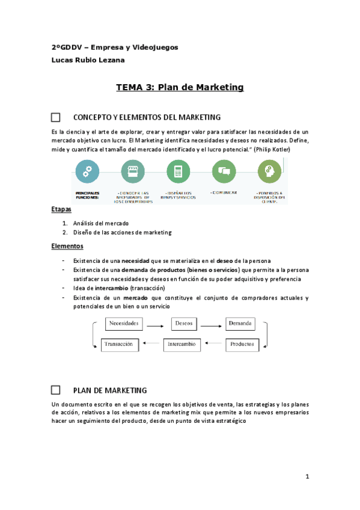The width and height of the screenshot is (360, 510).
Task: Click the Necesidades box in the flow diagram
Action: pos(124,324)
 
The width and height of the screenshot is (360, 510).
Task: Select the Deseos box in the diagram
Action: pos(183,324)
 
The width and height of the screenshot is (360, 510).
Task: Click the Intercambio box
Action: pos(185,345)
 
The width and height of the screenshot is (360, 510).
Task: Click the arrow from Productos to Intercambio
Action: pos(216,345)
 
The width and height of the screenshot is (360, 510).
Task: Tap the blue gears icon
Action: pos(88,171)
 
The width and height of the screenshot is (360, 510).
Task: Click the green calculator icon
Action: pos(178,171)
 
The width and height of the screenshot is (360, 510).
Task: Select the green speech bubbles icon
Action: pos(224,171)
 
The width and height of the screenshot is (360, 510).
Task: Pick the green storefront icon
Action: pos(132,171)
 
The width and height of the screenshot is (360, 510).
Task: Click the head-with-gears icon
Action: pos(270,171)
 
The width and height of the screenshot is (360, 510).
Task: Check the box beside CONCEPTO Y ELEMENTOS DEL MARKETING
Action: pos(56,117)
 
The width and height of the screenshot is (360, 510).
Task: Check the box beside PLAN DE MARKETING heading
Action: pos(56,390)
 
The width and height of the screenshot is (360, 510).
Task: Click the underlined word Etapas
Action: pos(61,209)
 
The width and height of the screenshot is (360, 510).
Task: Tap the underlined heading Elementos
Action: pos(67,246)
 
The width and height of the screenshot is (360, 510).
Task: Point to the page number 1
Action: pos(307,477)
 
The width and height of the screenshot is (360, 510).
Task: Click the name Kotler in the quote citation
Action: pos(278,149)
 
